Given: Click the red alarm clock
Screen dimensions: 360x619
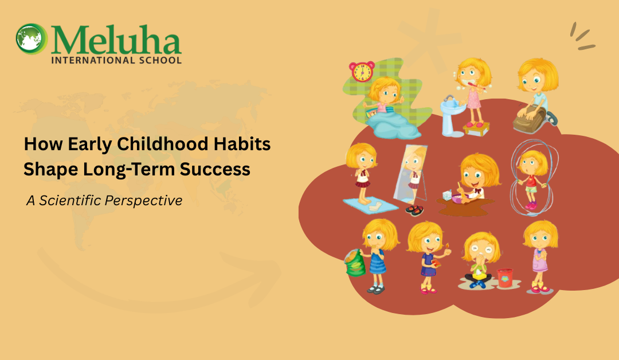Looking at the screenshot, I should tap(362, 72).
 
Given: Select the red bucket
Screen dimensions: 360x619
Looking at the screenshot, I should tap(505, 277).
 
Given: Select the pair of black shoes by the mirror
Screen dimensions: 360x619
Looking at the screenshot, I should tap(414, 210).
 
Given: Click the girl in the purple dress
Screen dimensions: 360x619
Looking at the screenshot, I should tap(539, 255).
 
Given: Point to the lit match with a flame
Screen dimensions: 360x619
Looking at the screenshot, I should tap(445, 248).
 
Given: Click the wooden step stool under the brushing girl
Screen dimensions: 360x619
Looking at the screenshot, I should tap(476, 129).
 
